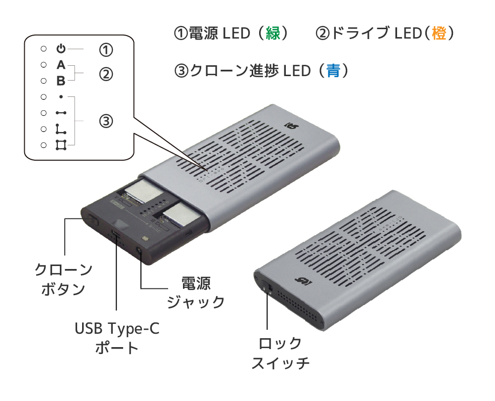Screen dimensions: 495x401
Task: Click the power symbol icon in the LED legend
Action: click(61, 48)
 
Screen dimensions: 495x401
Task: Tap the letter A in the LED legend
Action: click(61, 65)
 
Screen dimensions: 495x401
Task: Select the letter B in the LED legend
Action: click(61, 81)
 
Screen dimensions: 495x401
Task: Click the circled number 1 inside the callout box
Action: click(106, 50)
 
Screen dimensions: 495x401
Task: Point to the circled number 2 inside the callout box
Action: click(106, 74)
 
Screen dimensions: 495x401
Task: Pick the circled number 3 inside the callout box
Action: click(106, 121)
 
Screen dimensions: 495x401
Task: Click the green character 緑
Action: click(273, 33)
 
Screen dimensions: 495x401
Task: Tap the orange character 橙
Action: click(439, 33)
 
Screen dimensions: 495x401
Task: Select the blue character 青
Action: click(333, 70)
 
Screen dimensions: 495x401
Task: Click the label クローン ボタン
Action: click(63, 279)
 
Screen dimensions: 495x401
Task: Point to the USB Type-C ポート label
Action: click(117, 338)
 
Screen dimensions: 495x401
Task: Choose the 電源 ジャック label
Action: click(196, 293)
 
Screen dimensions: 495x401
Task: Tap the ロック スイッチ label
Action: click(280, 354)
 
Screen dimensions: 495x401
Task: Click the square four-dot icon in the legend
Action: click(61, 145)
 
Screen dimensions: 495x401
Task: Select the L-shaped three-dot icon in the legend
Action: click(61, 129)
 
